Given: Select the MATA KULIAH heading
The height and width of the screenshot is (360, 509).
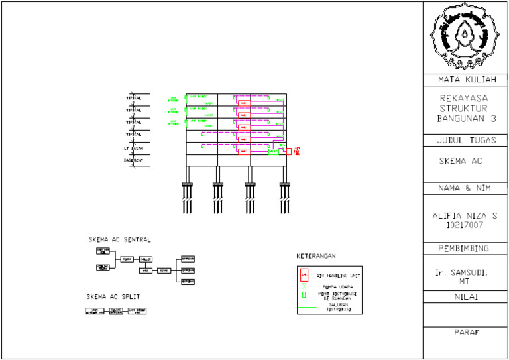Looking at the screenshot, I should (465, 80).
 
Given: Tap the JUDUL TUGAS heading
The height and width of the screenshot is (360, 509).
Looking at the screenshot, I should (465, 140).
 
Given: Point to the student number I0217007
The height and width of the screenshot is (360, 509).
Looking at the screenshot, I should (465, 225).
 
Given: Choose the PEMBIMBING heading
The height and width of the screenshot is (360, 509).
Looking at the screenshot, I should (465, 249).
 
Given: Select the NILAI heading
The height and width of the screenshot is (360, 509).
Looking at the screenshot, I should (465, 297).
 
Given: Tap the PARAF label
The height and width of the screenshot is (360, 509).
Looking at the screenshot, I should (465, 332).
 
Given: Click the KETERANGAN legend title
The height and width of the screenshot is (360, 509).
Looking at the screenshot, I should (316, 256).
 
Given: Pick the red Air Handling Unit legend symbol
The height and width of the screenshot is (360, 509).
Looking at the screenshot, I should (304, 273).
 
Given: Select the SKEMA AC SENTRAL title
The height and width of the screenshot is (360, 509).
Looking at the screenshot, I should (119, 239).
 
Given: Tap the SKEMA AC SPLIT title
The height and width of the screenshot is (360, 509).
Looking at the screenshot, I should (113, 296).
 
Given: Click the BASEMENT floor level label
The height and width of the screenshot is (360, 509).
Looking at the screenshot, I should (133, 160).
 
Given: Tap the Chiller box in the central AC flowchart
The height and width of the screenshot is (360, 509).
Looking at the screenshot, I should (146, 259).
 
